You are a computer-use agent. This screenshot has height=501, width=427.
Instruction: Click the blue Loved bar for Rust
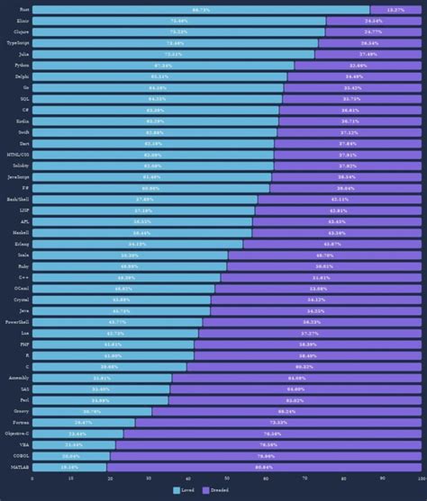[x=201, y=9]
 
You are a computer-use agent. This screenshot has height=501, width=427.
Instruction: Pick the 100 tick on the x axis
[x=420, y=479]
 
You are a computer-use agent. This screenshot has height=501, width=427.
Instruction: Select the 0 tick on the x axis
[x=33, y=479]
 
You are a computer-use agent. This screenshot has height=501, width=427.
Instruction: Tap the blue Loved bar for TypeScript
[x=176, y=42]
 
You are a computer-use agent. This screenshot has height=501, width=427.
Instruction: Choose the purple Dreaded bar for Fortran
[x=277, y=422]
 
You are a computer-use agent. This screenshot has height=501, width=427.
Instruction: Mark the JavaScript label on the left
[x=19, y=176]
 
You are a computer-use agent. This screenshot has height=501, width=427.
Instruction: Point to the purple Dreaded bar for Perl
[x=295, y=399]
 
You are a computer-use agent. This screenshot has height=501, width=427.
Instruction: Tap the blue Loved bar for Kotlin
[x=156, y=121]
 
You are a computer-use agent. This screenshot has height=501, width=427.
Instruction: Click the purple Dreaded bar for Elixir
[x=373, y=20]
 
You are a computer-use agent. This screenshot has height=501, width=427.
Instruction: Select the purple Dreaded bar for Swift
[x=349, y=132]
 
